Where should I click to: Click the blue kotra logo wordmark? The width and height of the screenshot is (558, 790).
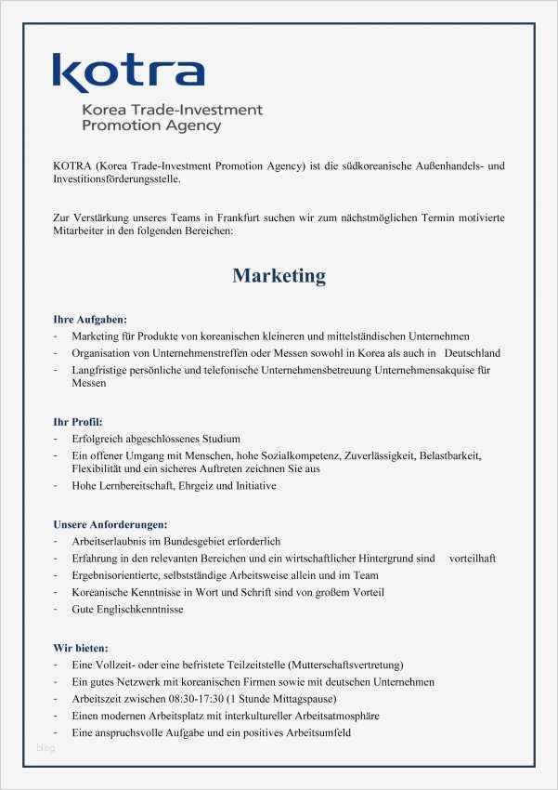tap(128, 72)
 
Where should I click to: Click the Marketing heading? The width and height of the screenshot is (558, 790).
tap(279, 276)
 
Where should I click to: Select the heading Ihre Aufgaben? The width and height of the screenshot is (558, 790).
tap(90, 319)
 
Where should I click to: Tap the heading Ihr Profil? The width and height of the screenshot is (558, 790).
tap(78, 421)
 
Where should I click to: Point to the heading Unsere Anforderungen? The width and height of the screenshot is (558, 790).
tap(110, 524)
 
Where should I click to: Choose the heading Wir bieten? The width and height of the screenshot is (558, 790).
tap(81, 647)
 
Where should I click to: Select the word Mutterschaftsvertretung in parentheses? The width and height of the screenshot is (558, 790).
tap(344, 665)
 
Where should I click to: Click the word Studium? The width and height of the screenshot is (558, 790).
tap(219, 439)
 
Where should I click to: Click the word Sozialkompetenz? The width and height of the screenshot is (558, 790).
tap(297, 456)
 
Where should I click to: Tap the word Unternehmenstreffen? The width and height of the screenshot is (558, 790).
tap(182, 353)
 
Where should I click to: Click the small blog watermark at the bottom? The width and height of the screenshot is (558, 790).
tap(45, 748)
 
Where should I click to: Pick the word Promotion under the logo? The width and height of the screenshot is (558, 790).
tap(116, 125)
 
